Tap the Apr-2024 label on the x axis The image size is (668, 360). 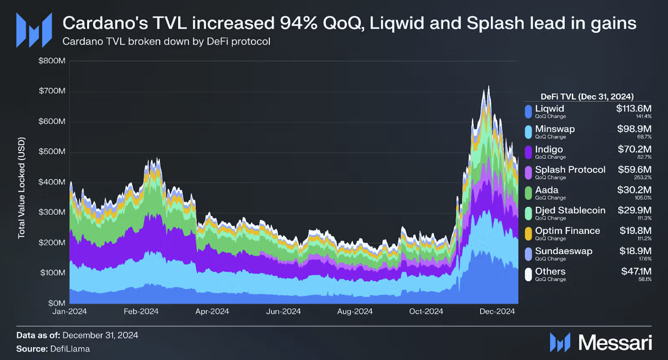coord(212,311)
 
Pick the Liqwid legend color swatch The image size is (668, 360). coord(528,112)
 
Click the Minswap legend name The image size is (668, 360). coord(555,129)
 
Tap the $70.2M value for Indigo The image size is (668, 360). coord(634,149)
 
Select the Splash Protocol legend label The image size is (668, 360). coord(570,170)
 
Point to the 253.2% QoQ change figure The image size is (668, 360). coord(644,177)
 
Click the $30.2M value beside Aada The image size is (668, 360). coord(634,190)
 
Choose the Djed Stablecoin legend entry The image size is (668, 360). coord(570,210)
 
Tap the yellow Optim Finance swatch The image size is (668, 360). coord(528,234)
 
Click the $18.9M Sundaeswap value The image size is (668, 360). coord(634,251)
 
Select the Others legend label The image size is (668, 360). coord(550,271)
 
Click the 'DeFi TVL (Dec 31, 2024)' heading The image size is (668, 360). coord(587,96)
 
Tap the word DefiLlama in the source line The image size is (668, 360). coord(72,349)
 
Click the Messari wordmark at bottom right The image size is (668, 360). coord(616,342)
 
